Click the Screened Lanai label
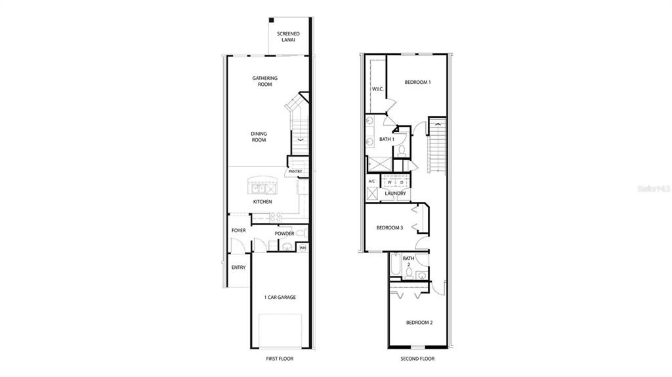[288, 36]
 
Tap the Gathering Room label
[265, 81]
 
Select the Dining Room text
[259, 136]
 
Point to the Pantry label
[295, 172]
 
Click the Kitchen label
[262, 202]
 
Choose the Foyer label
[238, 230]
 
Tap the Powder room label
[284, 233]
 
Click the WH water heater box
[303, 248]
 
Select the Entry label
[238, 268]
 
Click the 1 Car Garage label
[280, 297]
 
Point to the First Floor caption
[280, 359]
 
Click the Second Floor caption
[417, 359]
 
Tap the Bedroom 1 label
[417, 82]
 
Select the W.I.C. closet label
[377, 89]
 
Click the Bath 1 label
[387, 139]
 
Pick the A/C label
[371, 181]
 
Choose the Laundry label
[396, 193]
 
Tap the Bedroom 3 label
[389, 228]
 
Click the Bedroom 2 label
[419, 323]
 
